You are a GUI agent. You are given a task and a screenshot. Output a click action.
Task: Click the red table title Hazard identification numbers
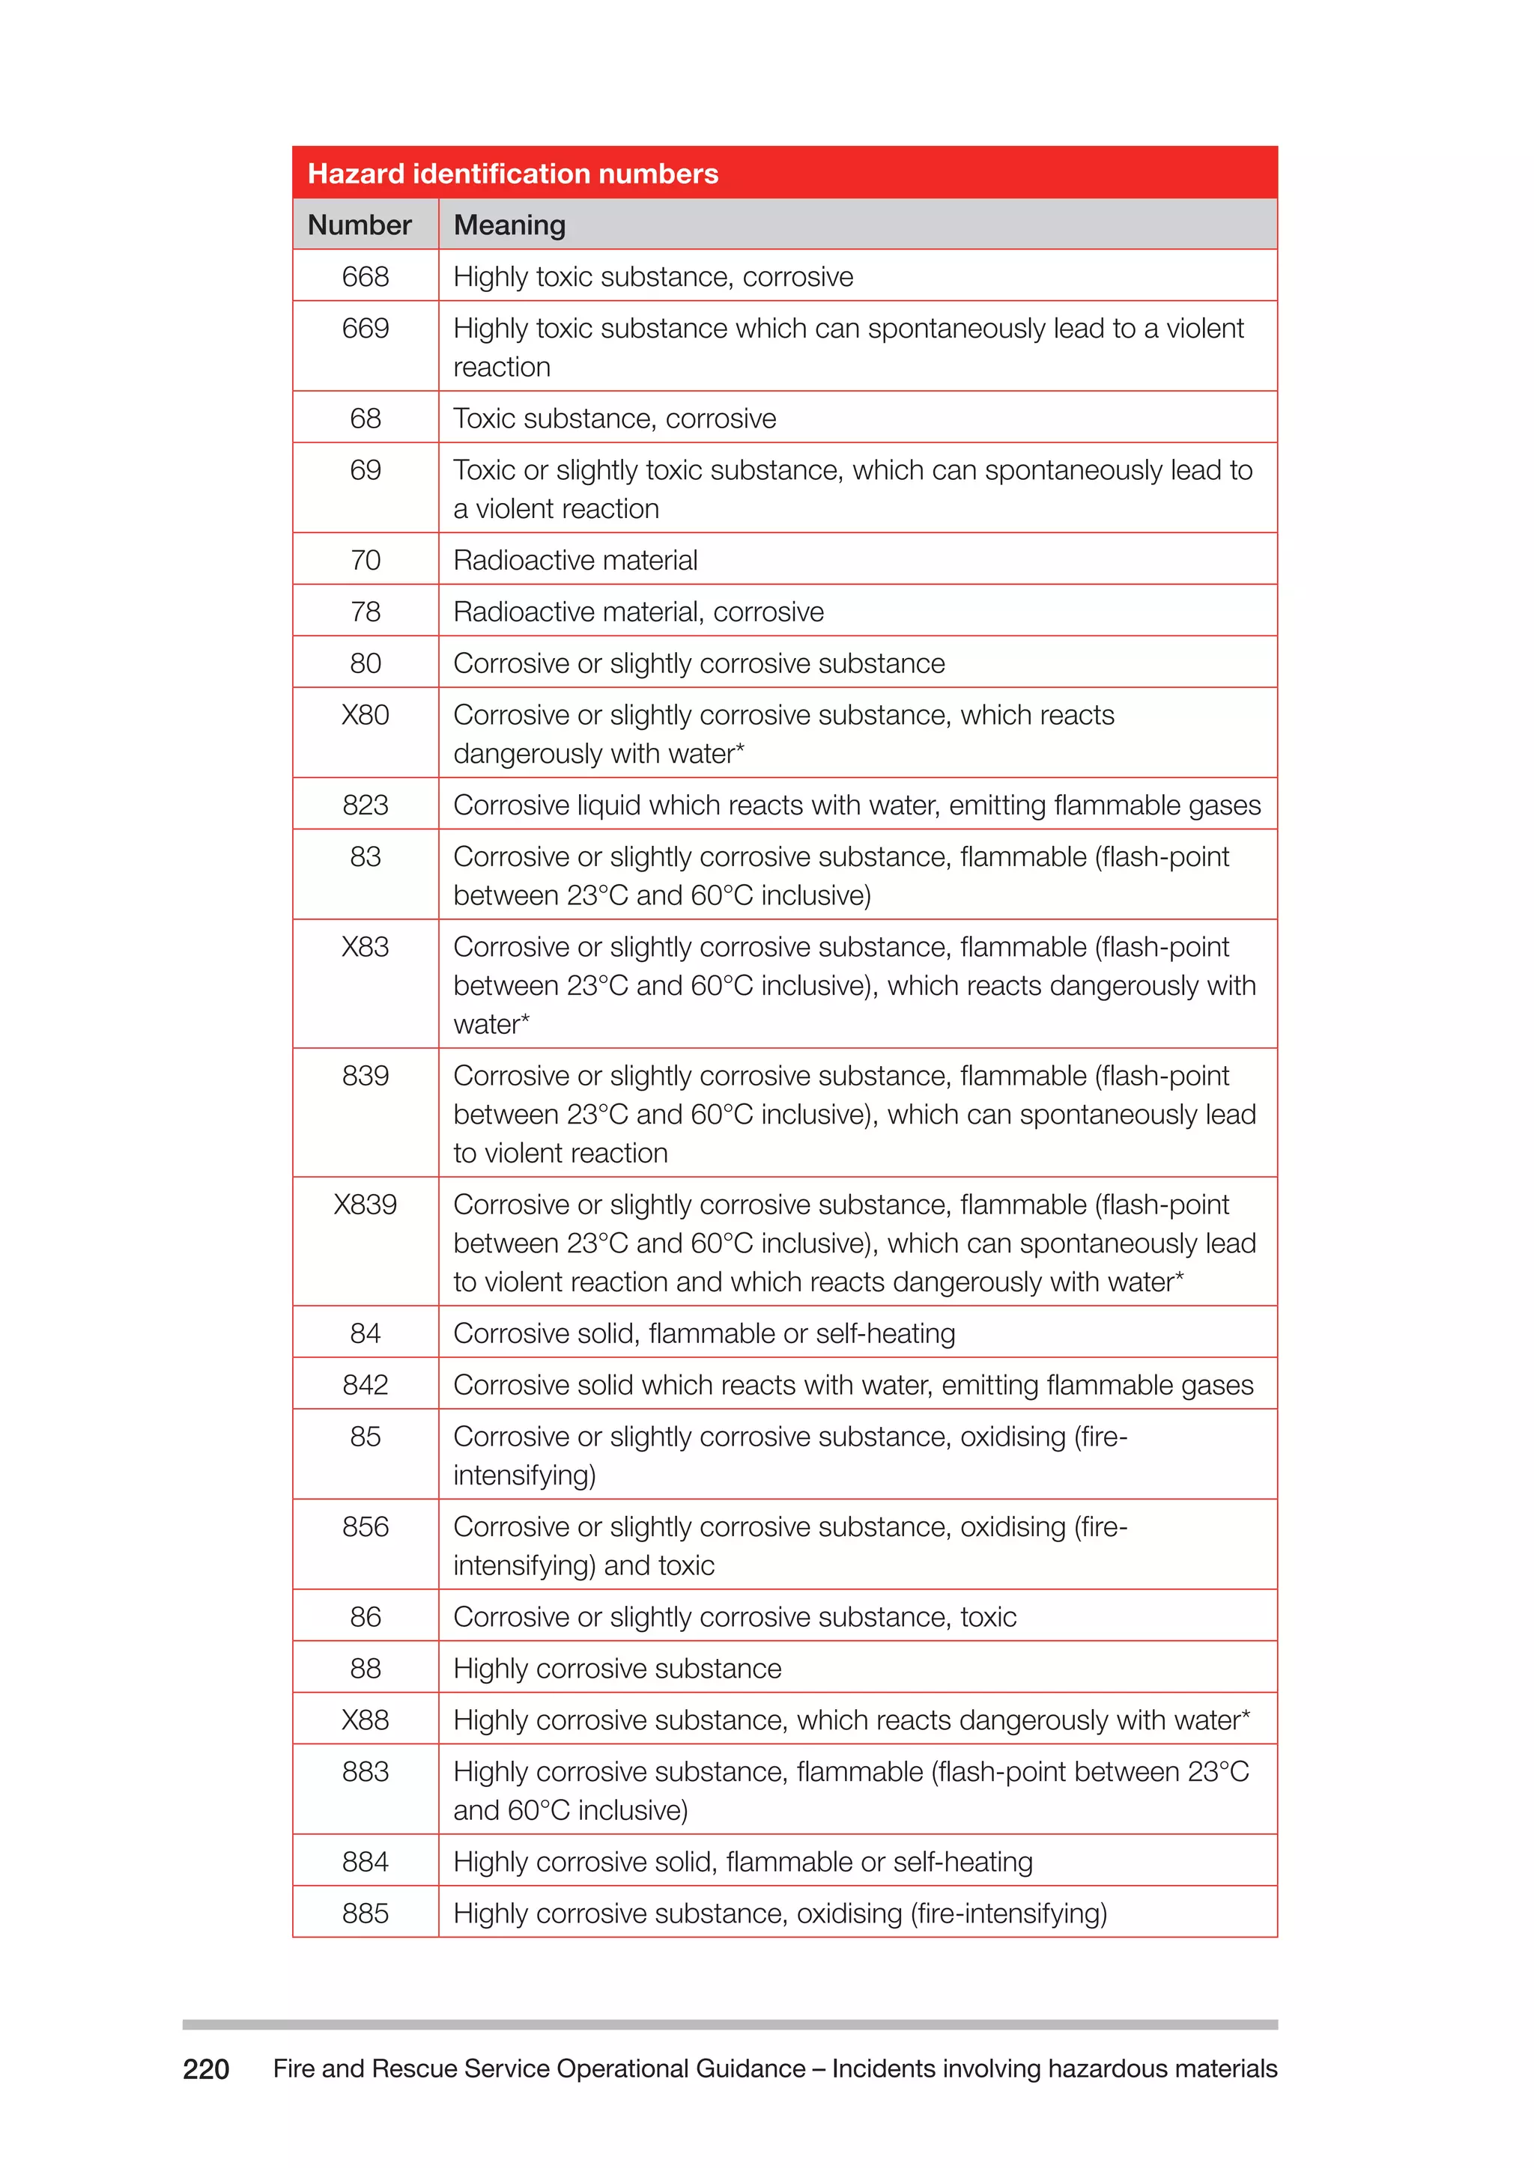[513, 174]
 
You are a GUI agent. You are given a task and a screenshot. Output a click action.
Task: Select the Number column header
[359, 225]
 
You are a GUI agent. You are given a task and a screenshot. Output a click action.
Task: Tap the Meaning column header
[509, 225]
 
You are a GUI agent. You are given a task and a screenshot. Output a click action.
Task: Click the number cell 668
[366, 277]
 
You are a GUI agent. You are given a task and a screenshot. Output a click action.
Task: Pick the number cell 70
[366, 560]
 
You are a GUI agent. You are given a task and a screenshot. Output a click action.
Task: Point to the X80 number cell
[366, 715]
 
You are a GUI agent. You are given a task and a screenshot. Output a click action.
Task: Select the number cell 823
[366, 805]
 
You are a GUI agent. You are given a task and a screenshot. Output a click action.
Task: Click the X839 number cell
[366, 1205]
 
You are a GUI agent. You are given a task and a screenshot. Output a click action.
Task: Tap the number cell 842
[366, 1384]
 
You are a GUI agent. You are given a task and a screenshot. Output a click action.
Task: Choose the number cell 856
[366, 1527]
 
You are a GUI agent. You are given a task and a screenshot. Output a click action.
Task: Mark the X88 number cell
[366, 1720]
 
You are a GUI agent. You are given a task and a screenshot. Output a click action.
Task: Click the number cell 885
[366, 1913]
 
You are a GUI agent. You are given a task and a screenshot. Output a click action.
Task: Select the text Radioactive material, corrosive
[638, 612]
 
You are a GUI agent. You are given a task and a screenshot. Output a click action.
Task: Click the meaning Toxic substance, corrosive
[615, 418]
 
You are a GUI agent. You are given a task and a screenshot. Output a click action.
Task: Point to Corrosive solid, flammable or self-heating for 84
[705, 1333]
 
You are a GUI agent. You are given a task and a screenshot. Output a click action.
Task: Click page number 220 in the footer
[206, 2070]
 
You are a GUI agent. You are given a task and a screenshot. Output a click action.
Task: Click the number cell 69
[366, 470]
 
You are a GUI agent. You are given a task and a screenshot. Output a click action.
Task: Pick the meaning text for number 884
[743, 1862]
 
